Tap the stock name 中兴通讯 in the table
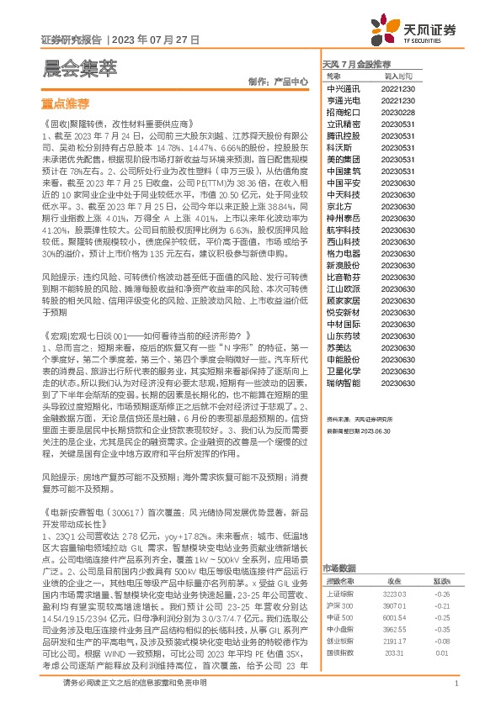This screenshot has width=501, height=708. click(x=343, y=87)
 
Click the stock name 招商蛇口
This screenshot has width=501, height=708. click(x=343, y=112)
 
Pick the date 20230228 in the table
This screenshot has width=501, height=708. click(x=397, y=112)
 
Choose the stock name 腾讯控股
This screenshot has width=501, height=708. click(x=343, y=135)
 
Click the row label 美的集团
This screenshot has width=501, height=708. click(x=343, y=159)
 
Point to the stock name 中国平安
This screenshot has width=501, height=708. click(x=343, y=182)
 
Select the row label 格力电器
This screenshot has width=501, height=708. click(x=343, y=253)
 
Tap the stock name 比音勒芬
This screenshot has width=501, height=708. click(x=343, y=277)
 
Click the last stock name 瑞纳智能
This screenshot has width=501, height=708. click(x=343, y=383)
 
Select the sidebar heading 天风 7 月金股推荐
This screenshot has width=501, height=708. click(x=357, y=65)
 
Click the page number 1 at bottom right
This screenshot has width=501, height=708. click(x=455, y=684)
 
